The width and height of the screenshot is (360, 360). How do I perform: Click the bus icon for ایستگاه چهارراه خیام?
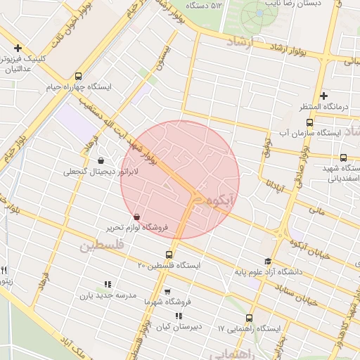point(78,76)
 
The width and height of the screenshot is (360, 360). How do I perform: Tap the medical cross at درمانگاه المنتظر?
point(323,96)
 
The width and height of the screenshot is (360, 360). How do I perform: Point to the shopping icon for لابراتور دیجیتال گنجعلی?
point(101,160)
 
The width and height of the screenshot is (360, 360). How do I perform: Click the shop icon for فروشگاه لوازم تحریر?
point(136,216)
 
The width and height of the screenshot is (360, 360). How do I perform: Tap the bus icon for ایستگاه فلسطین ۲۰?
point(169,255)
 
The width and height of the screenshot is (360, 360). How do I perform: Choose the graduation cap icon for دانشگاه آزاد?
point(267,261)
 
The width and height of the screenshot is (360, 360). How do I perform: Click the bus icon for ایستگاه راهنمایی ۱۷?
point(249,318)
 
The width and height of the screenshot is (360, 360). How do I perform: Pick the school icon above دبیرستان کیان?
point(179,316)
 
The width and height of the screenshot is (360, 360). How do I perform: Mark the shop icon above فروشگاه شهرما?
point(167,291)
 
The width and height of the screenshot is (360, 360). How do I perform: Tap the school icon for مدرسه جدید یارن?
point(108,284)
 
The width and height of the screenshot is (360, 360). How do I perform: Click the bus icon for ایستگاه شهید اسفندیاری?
point(343,158)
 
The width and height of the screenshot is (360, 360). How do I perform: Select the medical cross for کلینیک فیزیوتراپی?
point(18,49)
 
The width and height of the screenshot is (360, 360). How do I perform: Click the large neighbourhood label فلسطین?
point(101,246)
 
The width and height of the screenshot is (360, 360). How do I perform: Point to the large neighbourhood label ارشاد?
point(238,43)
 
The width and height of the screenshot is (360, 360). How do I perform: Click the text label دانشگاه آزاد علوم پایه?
point(274,271)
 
